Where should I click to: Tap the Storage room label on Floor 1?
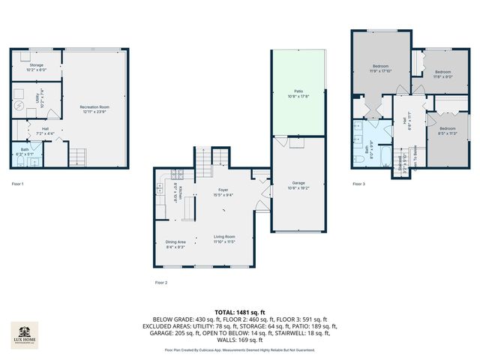37,67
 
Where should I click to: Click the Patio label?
298,94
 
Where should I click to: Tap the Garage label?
298,184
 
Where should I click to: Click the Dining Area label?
175,244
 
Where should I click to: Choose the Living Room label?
223,239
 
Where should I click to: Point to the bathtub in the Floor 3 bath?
379,157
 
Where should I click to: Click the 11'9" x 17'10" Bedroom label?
380,69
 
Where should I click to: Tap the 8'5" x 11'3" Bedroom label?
447,131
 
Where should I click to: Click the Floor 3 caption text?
359,184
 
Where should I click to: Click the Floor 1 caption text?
17,184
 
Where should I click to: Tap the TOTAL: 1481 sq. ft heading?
240,311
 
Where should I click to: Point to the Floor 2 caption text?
160,282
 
